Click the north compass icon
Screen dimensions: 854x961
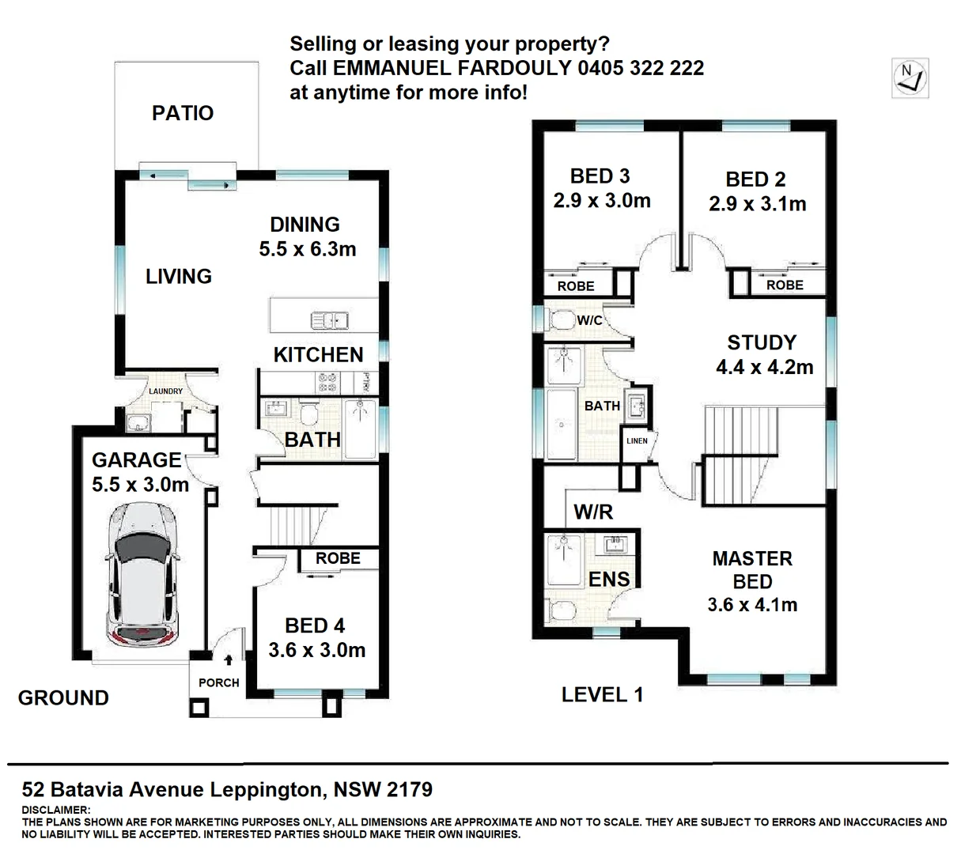point(910,78)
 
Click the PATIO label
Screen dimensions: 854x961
point(183,113)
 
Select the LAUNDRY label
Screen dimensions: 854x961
point(166,391)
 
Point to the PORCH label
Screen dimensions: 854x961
point(218,682)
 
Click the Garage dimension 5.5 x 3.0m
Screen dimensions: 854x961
point(141,485)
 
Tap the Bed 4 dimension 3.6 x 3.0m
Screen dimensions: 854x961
point(316,650)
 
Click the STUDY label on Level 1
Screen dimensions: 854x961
point(762,342)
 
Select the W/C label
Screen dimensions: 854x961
point(589,320)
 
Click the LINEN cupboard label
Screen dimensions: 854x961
point(637,441)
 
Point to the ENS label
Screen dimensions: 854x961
point(609,580)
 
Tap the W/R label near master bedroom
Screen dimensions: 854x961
point(593,512)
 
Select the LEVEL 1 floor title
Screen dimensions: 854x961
point(602,695)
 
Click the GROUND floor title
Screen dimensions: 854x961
point(63,697)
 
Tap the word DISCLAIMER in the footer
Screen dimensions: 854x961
point(56,810)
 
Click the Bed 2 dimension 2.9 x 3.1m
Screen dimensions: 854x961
point(757,204)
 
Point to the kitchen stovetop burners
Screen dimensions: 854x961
point(328,383)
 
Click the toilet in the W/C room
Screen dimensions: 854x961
point(563,320)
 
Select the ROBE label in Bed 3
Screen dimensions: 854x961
point(576,286)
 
